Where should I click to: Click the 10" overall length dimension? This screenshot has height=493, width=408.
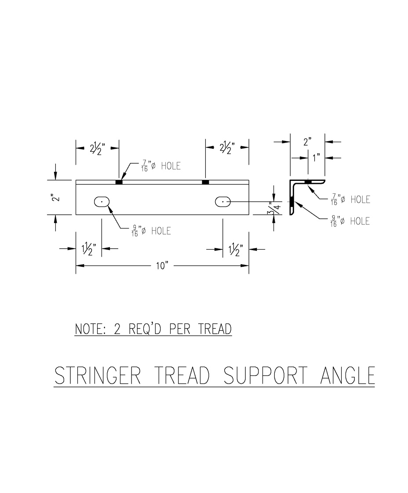pyautogui.click(x=162, y=265)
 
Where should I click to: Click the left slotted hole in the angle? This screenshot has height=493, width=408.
pyautogui.click(x=102, y=201)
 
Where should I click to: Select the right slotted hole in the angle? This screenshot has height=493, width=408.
pyautogui.click(x=223, y=201)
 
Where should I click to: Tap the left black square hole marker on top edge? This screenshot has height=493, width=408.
pyautogui.click(x=119, y=182)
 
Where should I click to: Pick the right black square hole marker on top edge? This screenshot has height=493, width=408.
pyautogui.click(x=205, y=182)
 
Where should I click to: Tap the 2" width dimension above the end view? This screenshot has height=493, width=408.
pyautogui.click(x=307, y=142)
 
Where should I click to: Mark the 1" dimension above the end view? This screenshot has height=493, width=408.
pyautogui.click(x=316, y=158)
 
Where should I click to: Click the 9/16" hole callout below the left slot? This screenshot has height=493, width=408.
pyautogui.click(x=151, y=231)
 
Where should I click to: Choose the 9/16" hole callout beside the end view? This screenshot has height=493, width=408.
pyautogui.click(x=350, y=221)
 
